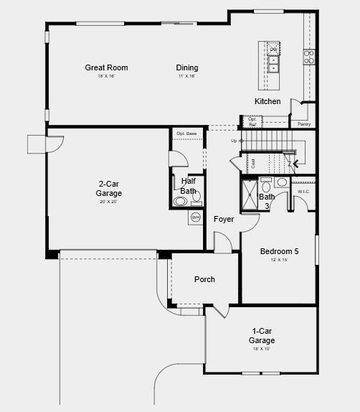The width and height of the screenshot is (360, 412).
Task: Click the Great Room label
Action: (106, 68)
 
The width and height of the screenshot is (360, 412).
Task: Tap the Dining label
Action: (187, 68)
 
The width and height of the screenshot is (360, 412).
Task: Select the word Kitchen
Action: (267, 101)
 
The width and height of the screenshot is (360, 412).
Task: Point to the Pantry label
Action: (304, 124)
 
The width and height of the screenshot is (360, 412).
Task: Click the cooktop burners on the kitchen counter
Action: (309, 57)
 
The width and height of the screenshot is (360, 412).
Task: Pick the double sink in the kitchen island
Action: (273, 60)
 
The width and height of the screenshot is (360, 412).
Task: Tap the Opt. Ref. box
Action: (252, 122)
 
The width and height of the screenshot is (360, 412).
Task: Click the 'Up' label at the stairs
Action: (234, 141)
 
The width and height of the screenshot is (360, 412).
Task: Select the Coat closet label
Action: (253, 164)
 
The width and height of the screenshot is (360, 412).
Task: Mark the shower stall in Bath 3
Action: (250, 195)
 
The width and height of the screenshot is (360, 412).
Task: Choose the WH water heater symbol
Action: (195, 217)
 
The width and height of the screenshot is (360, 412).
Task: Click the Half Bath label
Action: (188, 186)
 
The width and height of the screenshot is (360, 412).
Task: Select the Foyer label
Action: (224, 219)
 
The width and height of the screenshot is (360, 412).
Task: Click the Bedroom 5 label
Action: (279, 251)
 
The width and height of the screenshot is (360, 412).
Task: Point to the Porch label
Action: (204, 279)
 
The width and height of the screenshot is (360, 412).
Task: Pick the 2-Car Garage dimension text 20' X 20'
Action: (109, 202)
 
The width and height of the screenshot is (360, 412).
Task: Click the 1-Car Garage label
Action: (262, 335)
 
